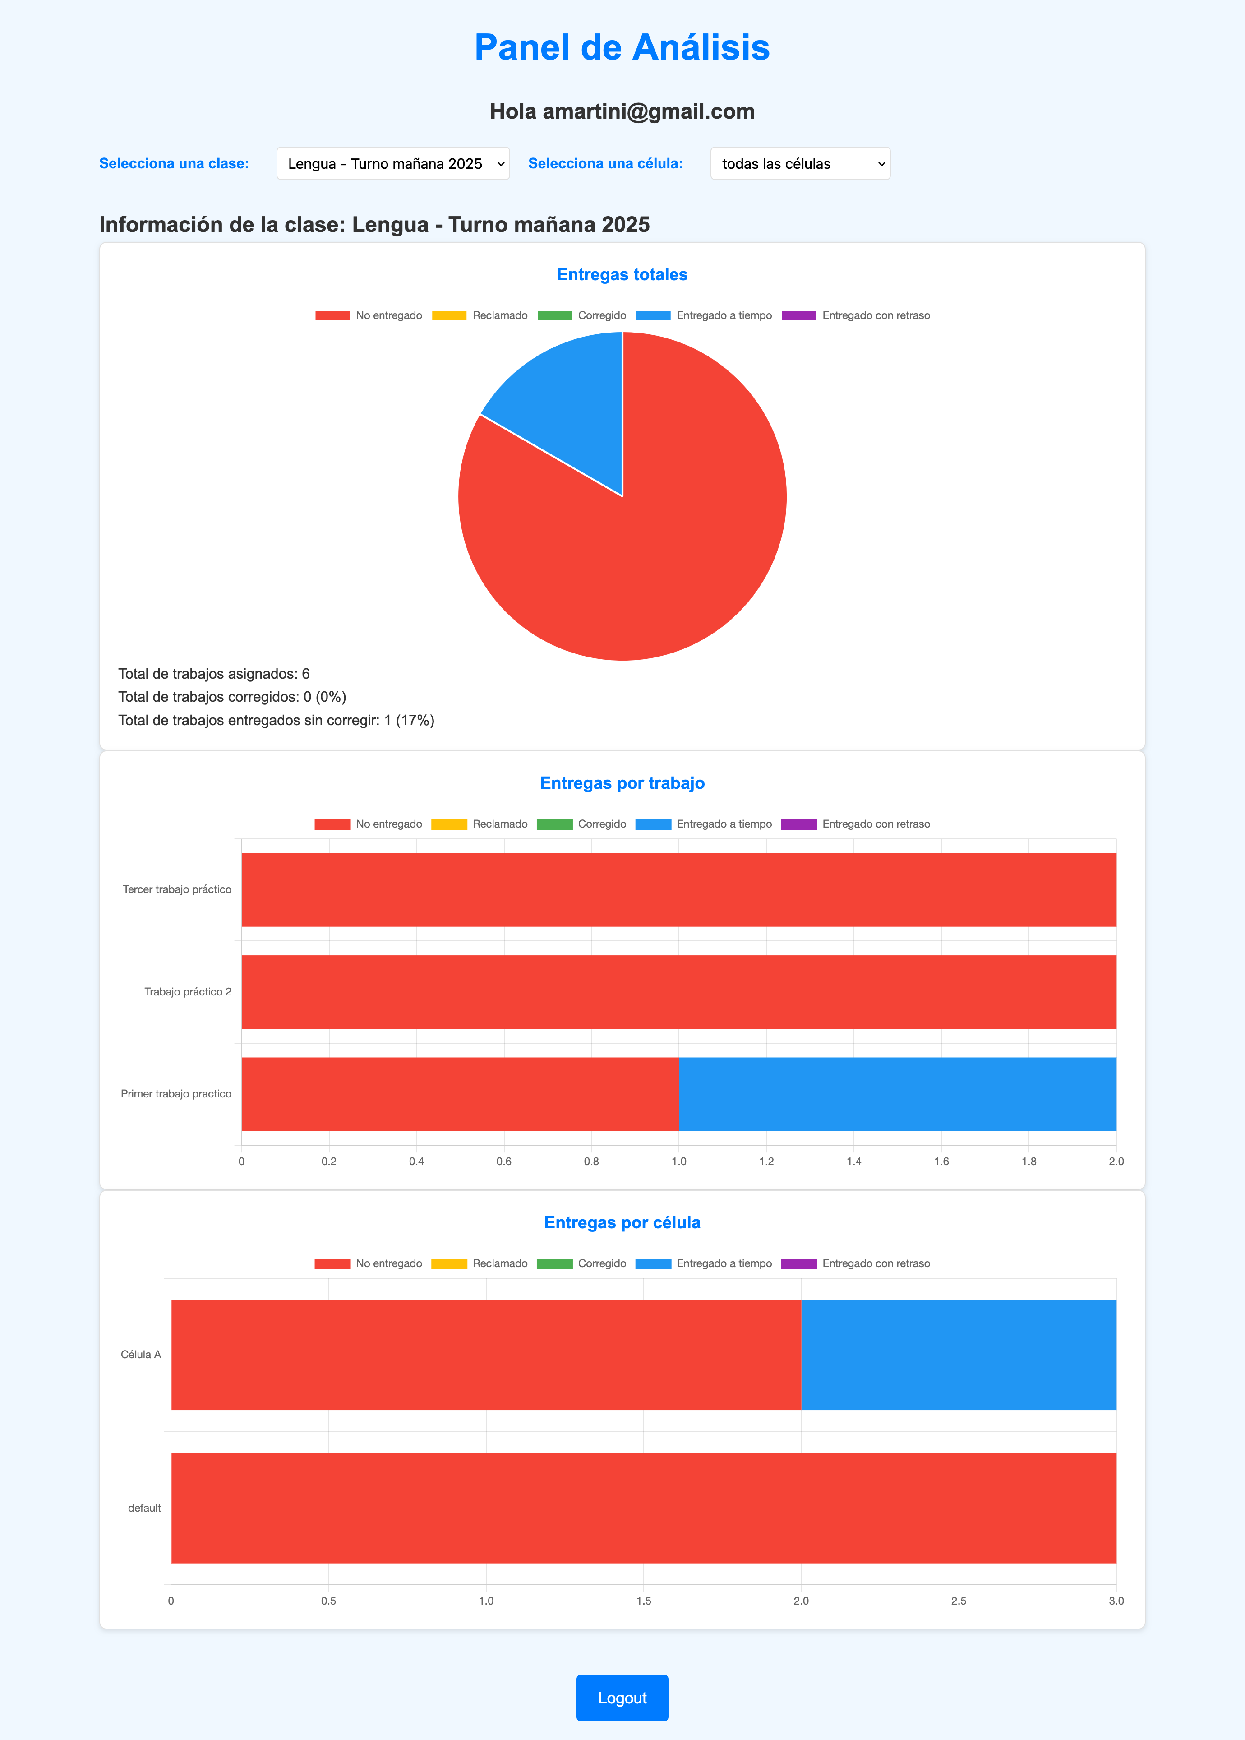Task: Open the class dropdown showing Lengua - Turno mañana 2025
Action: (392, 163)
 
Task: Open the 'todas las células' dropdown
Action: (800, 163)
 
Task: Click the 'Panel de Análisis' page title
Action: (622, 47)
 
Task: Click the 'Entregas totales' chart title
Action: (622, 274)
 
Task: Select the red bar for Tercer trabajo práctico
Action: (678, 889)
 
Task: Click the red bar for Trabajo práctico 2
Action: (678, 991)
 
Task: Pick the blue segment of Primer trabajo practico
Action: (897, 1093)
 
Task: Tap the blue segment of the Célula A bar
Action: (958, 1354)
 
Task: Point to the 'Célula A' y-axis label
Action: (141, 1354)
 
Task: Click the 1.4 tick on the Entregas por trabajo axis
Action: (853, 1161)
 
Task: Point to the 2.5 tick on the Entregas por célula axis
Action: (958, 1601)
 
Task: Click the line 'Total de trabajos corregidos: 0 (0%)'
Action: (231, 696)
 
